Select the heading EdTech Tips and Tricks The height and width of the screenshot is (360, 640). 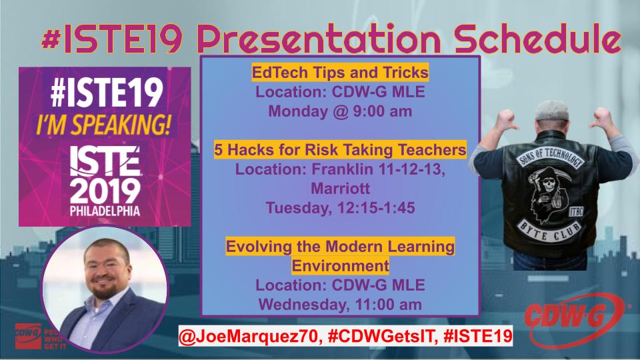340,72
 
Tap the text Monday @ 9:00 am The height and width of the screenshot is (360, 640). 340,111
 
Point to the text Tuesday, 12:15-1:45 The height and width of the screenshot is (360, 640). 340,208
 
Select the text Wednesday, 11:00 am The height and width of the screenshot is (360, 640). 340,305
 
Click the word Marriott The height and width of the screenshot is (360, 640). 340,189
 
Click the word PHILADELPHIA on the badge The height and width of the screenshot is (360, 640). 99,215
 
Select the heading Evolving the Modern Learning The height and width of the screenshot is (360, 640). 340,247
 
